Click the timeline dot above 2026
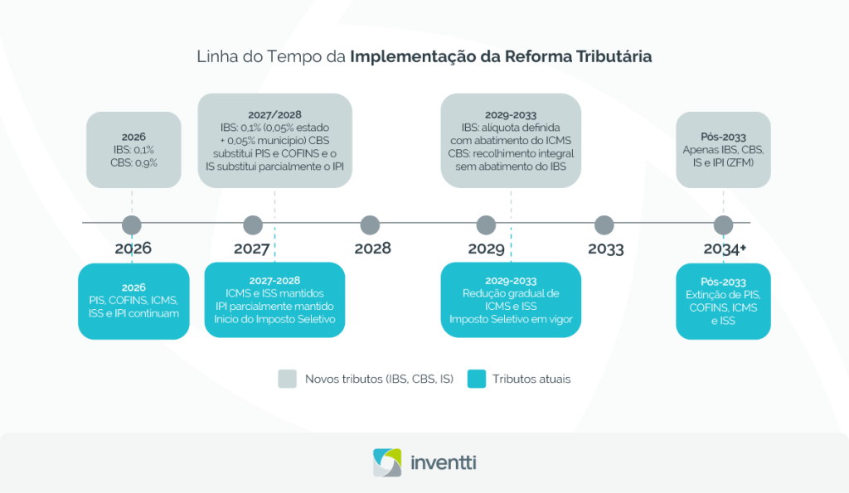(x=132, y=224)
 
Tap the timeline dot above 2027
(x=253, y=225)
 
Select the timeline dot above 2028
(x=371, y=225)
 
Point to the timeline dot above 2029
(x=487, y=225)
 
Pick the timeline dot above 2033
(x=604, y=225)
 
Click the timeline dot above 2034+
(x=724, y=225)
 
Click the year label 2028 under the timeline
(x=372, y=249)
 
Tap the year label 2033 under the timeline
(x=606, y=249)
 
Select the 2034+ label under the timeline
(x=725, y=249)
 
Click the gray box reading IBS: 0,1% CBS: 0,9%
(x=133, y=149)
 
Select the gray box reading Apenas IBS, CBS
(x=724, y=150)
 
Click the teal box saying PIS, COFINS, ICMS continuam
(x=133, y=301)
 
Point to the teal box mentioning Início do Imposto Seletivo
(x=274, y=299)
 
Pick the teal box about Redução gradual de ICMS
(x=511, y=299)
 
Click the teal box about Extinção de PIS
(x=724, y=301)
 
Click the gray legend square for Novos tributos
(x=286, y=379)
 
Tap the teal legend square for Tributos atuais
(x=475, y=379)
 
